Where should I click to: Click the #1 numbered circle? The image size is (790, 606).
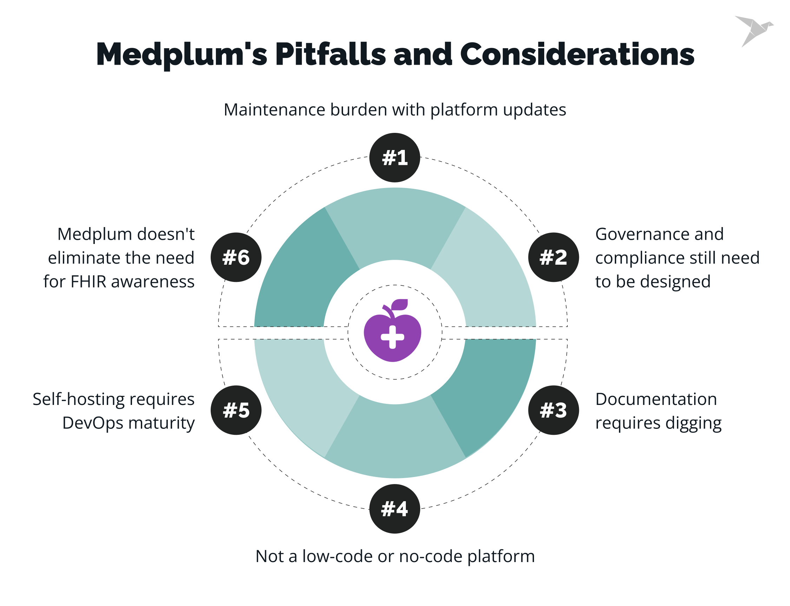point(394,157)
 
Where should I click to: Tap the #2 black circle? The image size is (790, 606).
point(553,257)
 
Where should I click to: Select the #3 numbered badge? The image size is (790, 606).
point(553,410)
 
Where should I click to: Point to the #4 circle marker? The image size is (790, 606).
point(394,509)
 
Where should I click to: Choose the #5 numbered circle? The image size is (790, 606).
point(236,410)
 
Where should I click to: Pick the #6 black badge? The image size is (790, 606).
point(236,257)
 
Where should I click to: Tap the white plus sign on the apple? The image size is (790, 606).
point(392,337)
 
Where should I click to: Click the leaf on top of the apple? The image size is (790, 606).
point(400,304)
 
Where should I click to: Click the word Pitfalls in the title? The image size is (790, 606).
point(330,54)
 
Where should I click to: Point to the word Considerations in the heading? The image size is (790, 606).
point(577,54)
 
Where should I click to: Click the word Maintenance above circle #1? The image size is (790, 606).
point(274,110)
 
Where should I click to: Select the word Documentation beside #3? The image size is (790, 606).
point(656,399)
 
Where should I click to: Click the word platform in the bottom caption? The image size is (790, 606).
point(501,556)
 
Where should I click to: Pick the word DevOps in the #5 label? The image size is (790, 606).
point(93,423)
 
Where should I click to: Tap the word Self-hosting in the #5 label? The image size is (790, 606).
point(78,399)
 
